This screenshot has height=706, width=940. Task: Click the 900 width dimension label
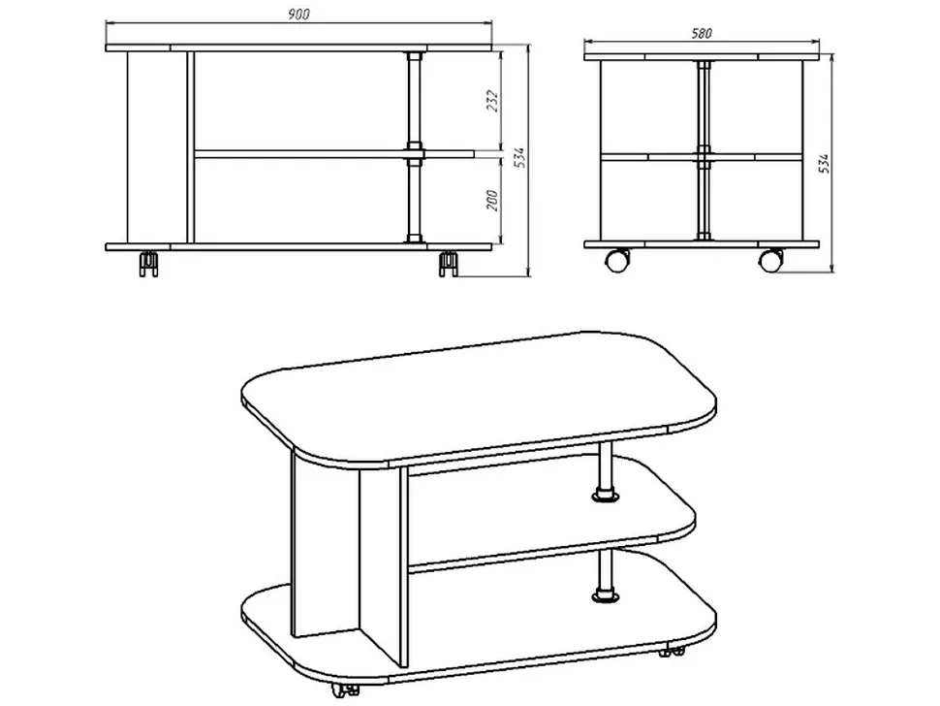298,15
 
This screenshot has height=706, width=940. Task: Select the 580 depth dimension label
702,34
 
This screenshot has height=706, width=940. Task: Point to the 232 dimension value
493,102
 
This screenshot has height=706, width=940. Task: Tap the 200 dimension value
492,200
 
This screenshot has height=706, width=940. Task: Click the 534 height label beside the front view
519,157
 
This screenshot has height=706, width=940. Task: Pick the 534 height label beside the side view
825,163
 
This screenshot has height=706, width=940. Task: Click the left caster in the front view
148,264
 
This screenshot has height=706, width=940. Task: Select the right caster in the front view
449,264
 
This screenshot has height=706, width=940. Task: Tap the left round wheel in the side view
618,260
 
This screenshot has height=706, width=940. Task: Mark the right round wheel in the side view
771,260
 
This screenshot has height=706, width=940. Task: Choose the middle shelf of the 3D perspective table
551,510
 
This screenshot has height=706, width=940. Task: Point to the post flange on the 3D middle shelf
605,497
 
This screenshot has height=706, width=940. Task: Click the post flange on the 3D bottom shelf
605,595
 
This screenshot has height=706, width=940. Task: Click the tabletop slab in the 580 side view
702,57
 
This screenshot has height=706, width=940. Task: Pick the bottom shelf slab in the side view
702,244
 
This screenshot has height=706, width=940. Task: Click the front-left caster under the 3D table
345,690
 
